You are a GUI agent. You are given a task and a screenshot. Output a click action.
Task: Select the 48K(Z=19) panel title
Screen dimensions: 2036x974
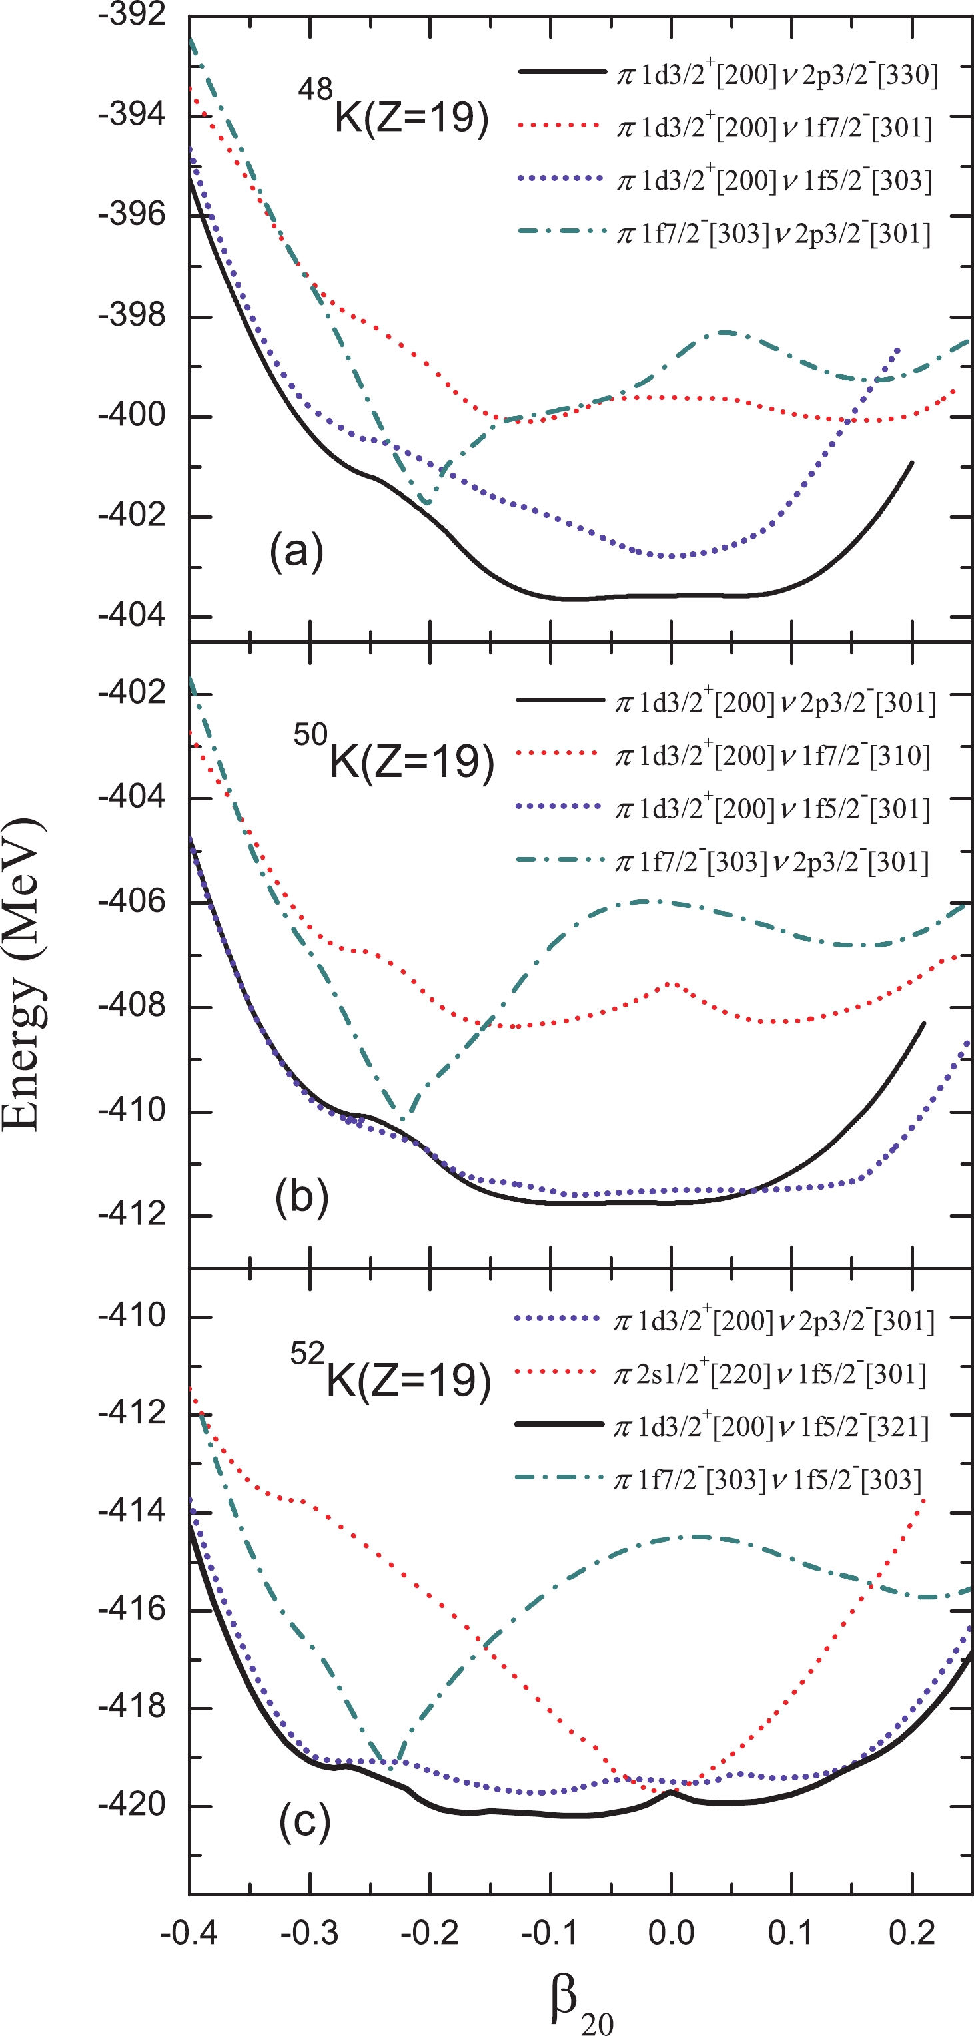click(394, 109)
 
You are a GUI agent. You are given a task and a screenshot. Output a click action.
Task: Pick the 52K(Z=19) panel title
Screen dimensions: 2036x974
click(390, 1373)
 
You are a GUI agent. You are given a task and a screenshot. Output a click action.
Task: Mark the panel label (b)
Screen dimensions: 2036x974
click(301, 1196)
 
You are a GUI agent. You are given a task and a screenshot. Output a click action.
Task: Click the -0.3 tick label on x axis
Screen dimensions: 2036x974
click(309, 1933)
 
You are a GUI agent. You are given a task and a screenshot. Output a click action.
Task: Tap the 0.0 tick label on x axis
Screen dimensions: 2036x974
click(670, 1933)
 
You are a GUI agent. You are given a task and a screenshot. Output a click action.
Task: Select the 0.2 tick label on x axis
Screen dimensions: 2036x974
click(911, 1933)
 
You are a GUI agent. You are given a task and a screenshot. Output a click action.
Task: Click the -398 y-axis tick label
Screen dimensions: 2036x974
click(132, 316)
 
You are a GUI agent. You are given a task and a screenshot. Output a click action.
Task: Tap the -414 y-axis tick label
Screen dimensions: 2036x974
click(132, 1511)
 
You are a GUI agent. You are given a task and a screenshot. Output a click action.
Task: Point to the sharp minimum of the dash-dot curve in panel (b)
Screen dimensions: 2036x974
click(402, 1119)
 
